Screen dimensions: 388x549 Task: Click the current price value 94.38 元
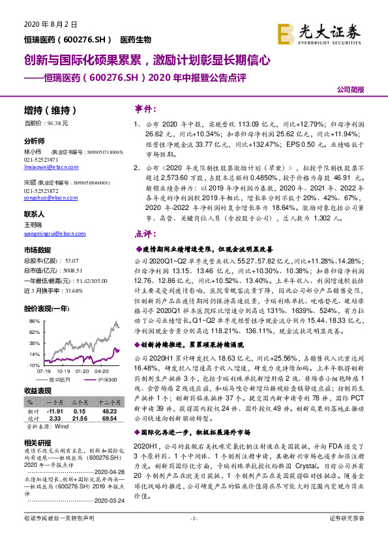point(72,123)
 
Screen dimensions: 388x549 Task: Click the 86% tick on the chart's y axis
point(34,322)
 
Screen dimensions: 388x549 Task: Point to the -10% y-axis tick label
point(33,365)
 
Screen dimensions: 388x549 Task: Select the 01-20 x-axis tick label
point(83,371)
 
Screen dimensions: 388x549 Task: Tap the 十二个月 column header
point(109,404)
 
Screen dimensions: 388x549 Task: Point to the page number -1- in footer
point(194,536)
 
